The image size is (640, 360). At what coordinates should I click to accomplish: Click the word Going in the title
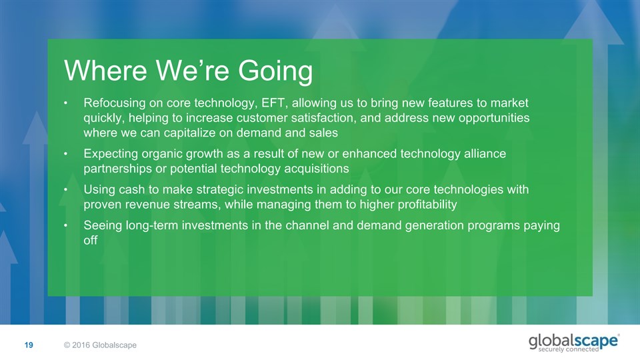pos(275,71)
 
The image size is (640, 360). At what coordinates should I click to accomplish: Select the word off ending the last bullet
pos(91,240)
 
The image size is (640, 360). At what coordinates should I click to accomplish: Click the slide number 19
pos(29,345)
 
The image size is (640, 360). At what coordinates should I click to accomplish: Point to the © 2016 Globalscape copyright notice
pos(100,345)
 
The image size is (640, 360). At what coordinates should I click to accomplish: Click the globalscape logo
pos(573,343)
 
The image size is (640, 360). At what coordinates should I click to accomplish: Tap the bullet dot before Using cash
pos(65,190)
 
